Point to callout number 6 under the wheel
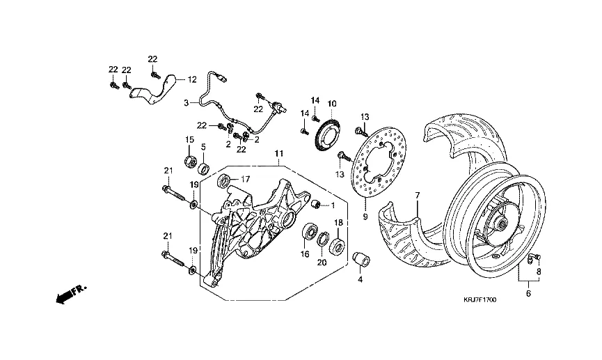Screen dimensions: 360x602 pos(528,294)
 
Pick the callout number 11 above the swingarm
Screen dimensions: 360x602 pos(278,152)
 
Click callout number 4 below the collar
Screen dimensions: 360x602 pos(360,279)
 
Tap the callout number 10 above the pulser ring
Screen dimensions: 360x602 pos(332,103)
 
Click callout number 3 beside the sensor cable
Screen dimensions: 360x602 pos(186,102)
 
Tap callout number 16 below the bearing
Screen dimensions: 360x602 pos(304,255)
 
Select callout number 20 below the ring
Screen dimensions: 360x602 pos(322,262)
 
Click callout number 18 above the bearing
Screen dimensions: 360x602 pos(339,222)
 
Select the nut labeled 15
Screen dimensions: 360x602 pos(189,162)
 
